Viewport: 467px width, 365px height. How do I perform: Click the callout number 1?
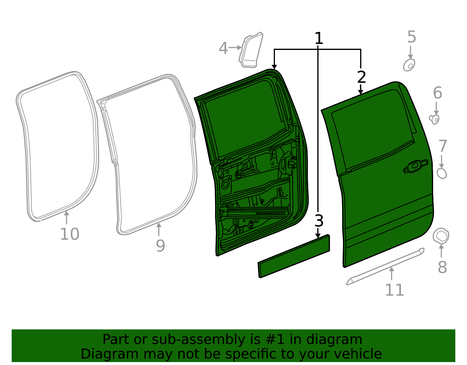[319, 39]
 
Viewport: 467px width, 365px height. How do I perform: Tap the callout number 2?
[361, 77]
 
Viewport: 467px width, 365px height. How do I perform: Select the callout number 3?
[319, 221]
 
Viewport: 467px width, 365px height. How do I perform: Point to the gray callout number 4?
[223, 48]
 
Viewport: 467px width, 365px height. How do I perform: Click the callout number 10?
[69, 234]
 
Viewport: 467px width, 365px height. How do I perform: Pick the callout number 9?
[160, 246]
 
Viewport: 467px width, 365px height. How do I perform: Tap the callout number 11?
[394, 290]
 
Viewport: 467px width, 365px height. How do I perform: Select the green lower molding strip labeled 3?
[294, 256]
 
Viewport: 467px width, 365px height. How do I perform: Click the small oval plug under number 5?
[409, 65]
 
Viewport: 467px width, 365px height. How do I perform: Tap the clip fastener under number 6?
[435, 119]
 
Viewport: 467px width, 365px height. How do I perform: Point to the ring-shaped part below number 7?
[442, 173]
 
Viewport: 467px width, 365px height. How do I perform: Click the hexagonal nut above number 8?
[441, 236]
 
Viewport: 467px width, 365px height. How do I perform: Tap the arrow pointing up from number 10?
[67, 217]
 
